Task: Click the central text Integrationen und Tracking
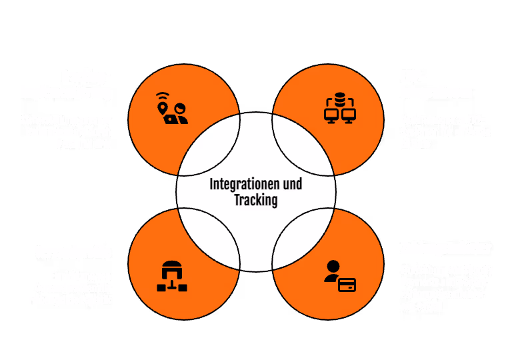(255, 191)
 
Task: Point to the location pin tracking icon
(171, 108)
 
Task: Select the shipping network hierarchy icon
(172, 277)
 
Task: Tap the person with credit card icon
(339, 276)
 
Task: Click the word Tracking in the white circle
(255, 199)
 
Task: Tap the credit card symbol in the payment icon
(347, 285)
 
